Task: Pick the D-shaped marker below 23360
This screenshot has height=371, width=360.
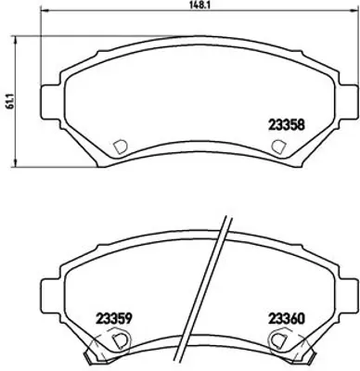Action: (x=277, y=340)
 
